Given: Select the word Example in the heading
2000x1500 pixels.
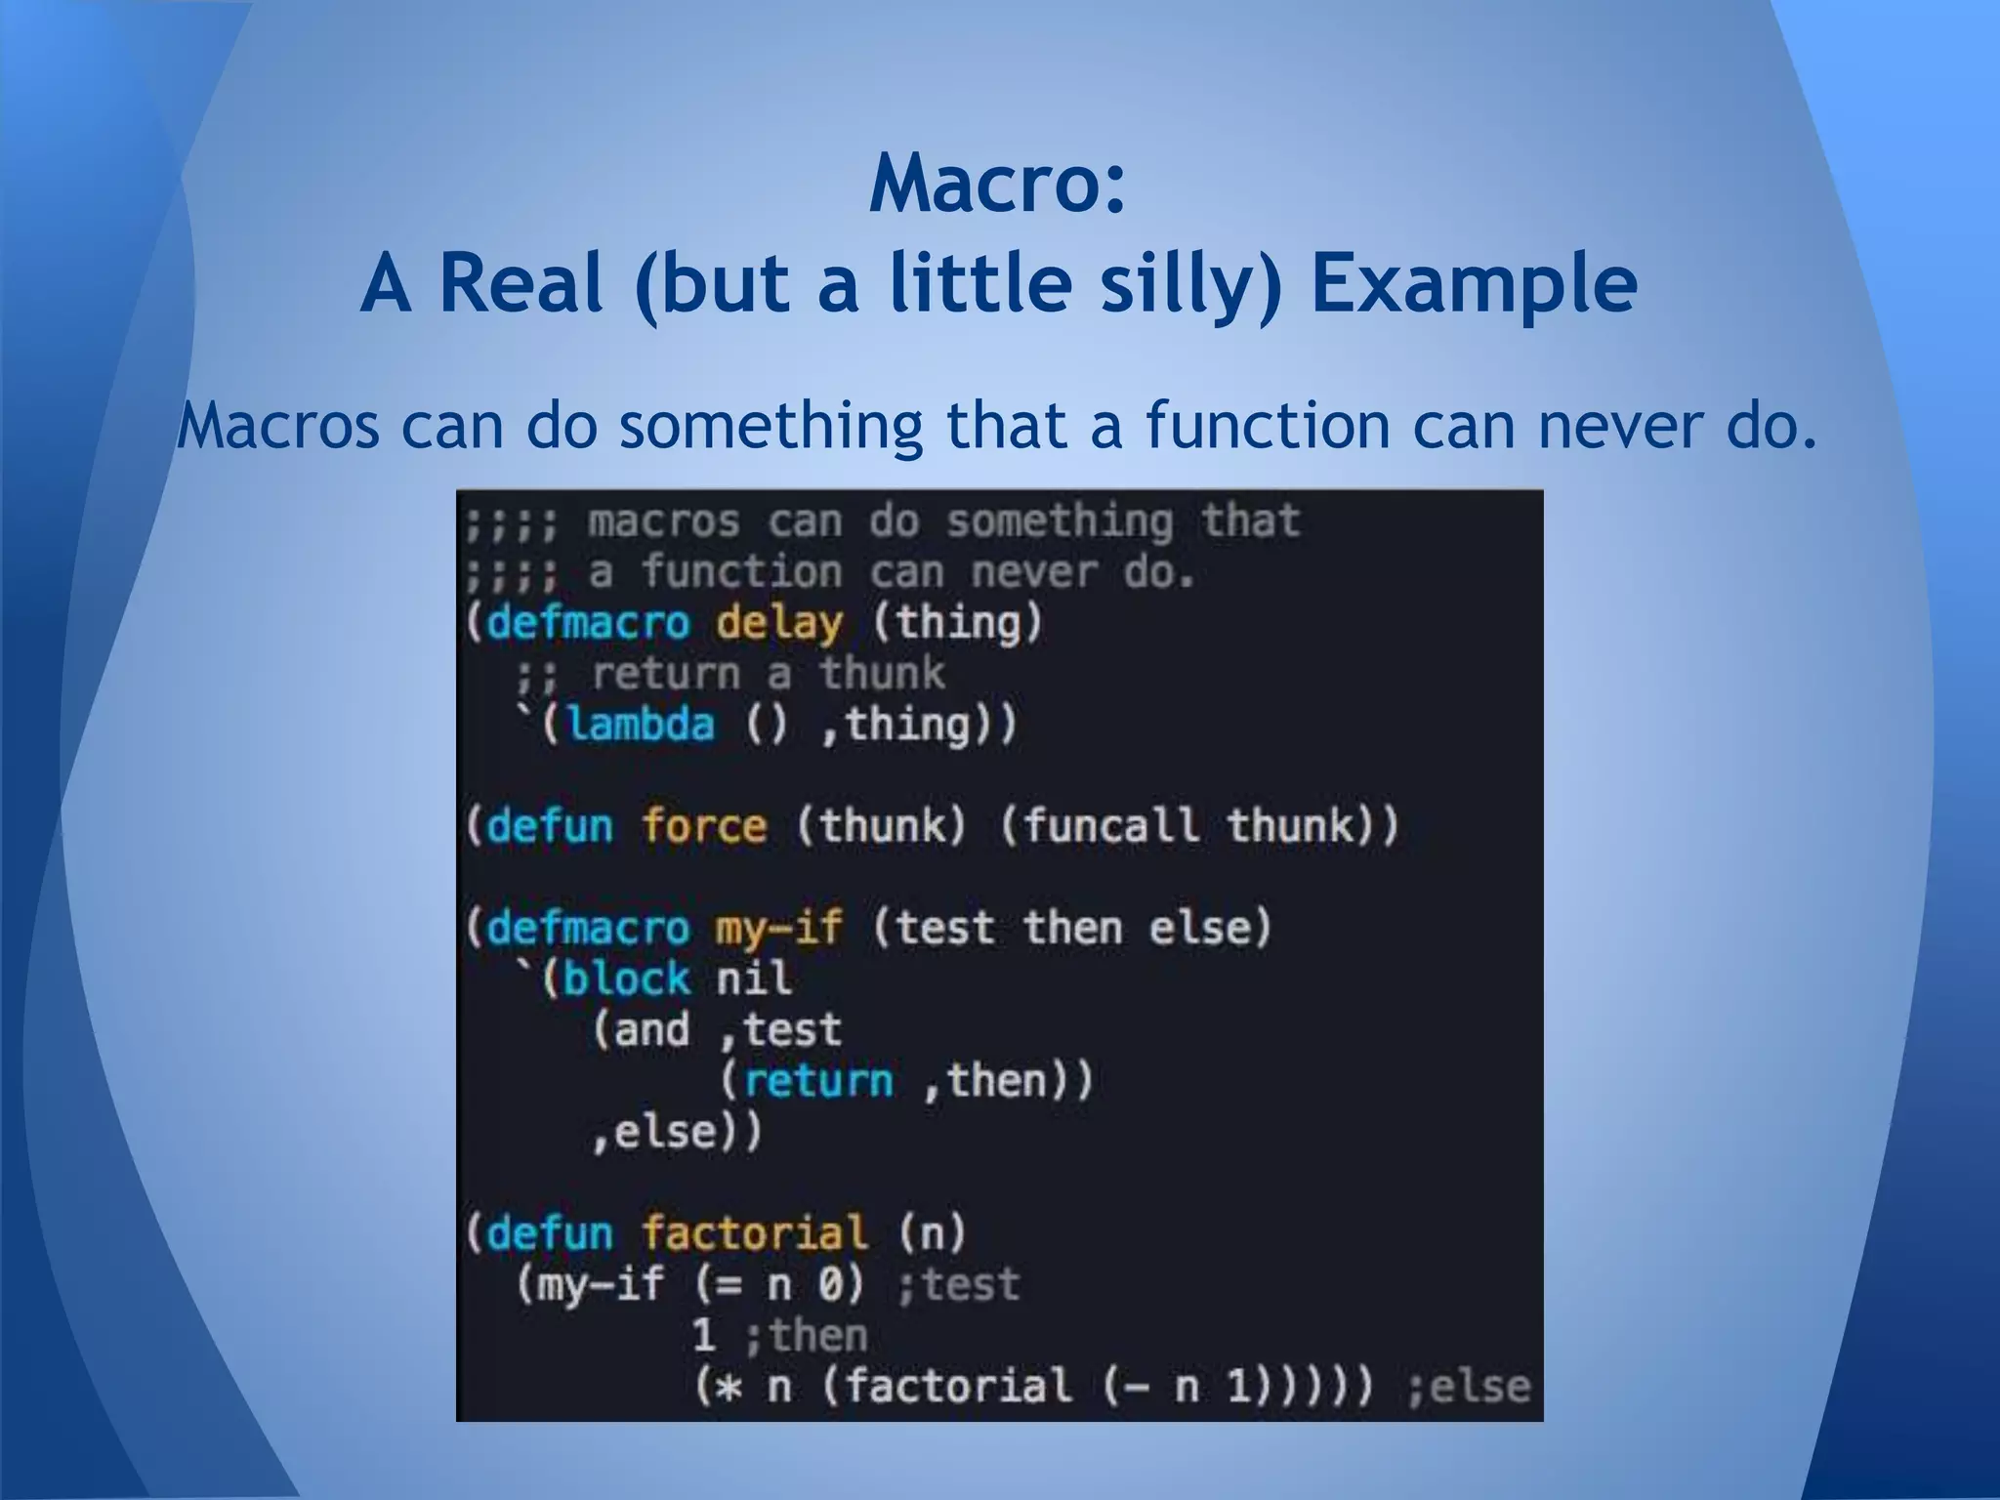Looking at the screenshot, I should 1474,284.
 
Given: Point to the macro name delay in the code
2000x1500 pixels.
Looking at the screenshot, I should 778,623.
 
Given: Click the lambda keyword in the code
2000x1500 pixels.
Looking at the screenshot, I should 641,725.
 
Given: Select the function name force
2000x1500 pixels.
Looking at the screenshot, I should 704,826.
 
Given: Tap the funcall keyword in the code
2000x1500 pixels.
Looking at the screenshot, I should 1109,826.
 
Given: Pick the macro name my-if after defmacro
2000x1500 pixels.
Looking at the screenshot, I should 778,928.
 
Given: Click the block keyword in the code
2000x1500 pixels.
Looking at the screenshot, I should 627,979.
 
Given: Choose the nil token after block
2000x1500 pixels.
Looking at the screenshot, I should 753,979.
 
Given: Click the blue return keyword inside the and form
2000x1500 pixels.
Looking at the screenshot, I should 818,1080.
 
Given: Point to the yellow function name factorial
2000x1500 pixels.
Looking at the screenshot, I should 754,1233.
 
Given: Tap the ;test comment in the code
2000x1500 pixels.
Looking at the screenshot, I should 958,1284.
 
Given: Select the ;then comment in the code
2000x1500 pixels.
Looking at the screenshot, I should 806,1335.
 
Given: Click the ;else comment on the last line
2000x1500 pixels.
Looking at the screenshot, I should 1468,1387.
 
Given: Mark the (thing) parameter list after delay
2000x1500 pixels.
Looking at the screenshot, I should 957,623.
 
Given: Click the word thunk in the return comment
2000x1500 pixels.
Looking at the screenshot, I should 882,674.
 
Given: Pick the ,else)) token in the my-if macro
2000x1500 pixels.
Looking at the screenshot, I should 677,1132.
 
